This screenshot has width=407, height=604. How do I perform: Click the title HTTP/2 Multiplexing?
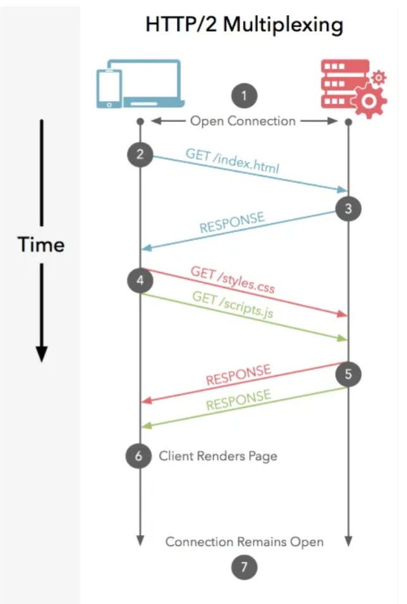point(244,25)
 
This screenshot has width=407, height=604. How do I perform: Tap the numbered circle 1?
point(244,97)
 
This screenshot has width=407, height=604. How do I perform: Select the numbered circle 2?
point(140,154)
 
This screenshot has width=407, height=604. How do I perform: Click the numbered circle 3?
point(348,207)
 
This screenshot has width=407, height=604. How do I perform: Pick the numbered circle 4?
point(140,279)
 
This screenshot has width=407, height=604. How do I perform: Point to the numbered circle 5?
point(348,373)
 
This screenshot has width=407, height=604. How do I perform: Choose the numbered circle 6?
point(139,455)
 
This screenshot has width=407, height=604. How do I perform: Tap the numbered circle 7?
point(244,568)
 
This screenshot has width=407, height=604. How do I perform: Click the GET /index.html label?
point(232,161)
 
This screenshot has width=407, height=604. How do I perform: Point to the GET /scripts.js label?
point(233,306)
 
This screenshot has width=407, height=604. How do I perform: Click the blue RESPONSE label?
point(232,223)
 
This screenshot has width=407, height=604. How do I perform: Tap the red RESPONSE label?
point(238,375)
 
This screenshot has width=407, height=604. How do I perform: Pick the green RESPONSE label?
point(238,401)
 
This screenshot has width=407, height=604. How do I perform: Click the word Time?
point(41,245)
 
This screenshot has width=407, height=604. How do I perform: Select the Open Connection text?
point(243,120)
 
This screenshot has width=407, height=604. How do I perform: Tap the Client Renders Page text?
point(218,456)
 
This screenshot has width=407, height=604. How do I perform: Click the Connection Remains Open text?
point(245,541)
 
